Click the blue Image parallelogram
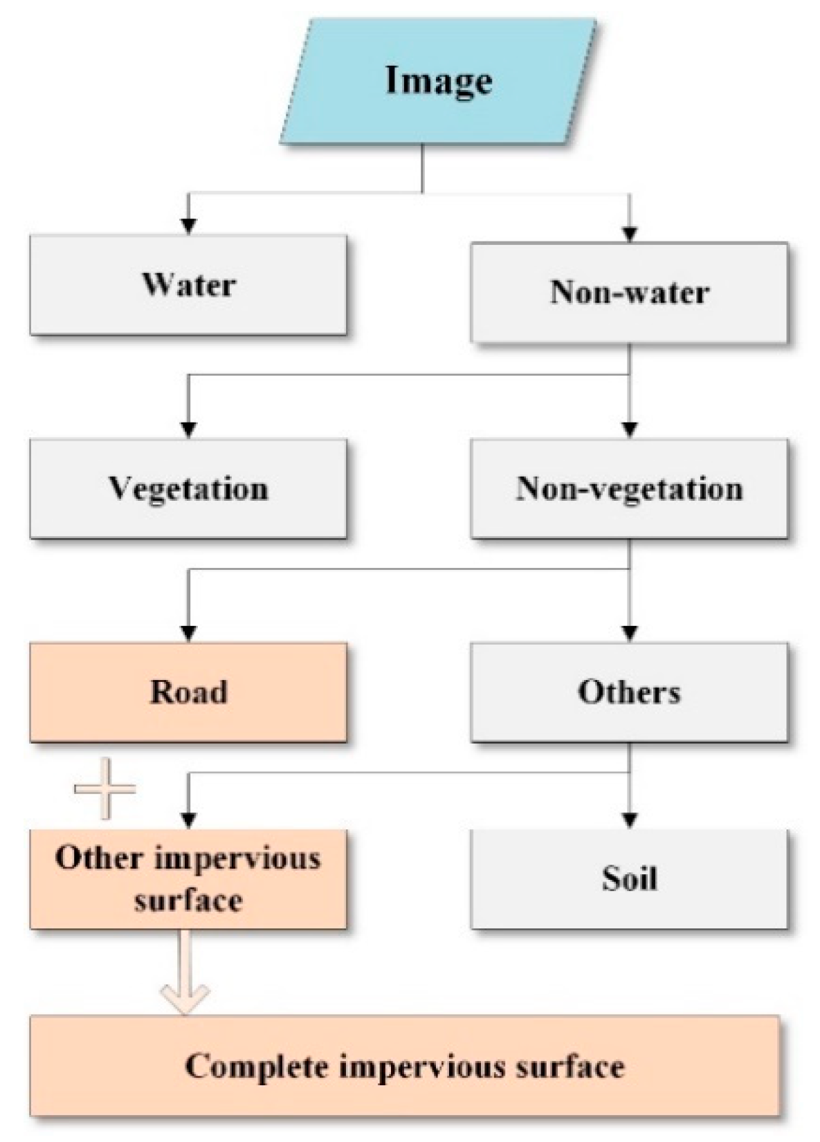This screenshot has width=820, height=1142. pos(438,81)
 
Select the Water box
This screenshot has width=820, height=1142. pos(188,285)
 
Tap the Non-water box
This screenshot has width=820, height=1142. pos(629,292)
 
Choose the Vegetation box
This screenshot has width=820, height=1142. pos(188,489)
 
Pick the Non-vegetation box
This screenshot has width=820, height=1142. pos(629,489)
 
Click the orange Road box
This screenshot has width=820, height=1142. pos(188,692)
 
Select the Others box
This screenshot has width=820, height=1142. pos(629,692)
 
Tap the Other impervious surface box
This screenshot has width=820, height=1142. pos(188,879)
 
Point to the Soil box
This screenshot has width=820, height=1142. pos(629,879)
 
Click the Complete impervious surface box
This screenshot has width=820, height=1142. pos(405,1066)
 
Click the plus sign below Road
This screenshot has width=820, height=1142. pos(104,789)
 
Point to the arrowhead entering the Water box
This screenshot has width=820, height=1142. pos(188,225)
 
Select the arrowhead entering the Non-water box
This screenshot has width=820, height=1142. pos(629,234)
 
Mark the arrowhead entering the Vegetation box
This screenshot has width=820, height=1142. pos(188,430)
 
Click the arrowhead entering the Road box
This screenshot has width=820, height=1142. pos(188,633)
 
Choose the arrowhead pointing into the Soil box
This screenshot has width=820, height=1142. pos(629,820)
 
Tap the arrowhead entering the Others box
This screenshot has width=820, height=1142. pos(629,633)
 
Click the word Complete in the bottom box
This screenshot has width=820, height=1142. pos(256,1066)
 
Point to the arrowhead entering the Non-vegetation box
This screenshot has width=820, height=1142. pos(629,430)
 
